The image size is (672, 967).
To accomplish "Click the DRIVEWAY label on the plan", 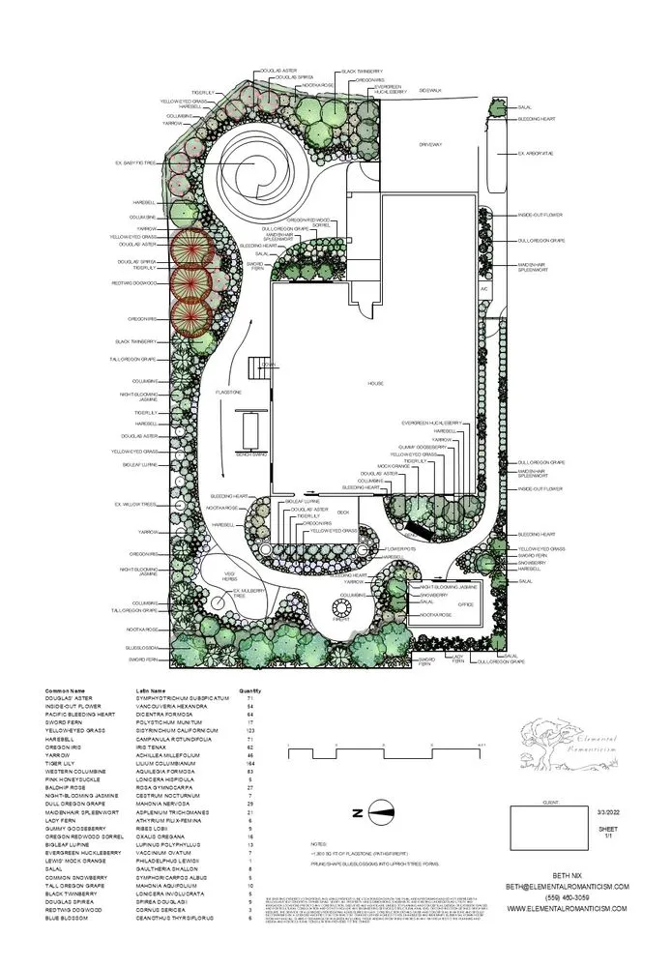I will tap(429, 144).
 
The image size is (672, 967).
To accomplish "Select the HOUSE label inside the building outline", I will tap(375, 384).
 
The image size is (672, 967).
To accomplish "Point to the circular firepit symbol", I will tap(341, 610).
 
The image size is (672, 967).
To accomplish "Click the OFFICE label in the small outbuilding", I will tap(465, 604).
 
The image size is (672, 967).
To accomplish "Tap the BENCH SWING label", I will tap(250, 452).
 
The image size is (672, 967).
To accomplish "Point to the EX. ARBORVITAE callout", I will tap(535, 154).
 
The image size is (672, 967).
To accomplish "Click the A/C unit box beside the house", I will tap(483, 288).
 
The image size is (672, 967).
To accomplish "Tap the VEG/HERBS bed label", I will tap(230, 576).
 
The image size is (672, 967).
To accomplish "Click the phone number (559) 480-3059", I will tap(567, 870).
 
